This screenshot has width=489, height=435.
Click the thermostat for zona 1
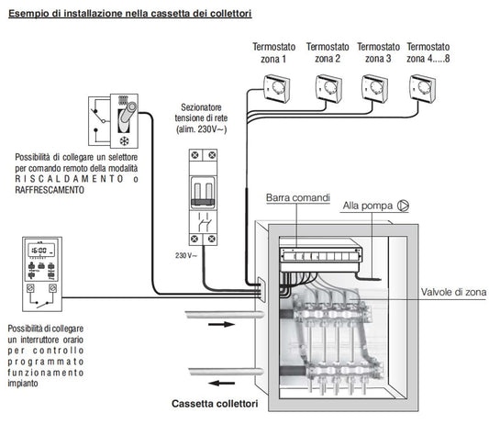[x=277, y=88]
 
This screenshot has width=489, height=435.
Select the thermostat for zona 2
[x=328, y=88]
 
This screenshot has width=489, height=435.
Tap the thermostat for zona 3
[x=375, y=88]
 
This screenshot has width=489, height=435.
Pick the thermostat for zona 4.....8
[x=422, y=88]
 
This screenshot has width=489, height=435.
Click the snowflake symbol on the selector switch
[x=124, y=141]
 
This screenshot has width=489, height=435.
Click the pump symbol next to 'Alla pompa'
[x=403, y=206]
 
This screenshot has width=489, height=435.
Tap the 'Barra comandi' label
[x=298, y=197]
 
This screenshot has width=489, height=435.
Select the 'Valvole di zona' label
[x=453, y=292]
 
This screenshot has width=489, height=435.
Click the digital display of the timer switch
[x=41, y=251]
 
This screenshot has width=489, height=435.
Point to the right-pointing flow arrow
[x=221, y=325]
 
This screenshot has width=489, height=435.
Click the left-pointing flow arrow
[x=221, y=383]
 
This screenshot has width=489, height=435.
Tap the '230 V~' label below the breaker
[x=186, y=255]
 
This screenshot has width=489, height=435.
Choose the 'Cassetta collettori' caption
[x=215, y=404]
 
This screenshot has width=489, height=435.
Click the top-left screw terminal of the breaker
[x=195, y=155]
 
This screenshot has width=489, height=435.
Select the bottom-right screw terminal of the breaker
[x=212, y=239]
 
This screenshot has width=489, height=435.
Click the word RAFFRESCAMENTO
[x=50, y=190]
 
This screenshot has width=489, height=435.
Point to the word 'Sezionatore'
[x=201, y=107]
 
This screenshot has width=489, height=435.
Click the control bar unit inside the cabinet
[x=320, y=255]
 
